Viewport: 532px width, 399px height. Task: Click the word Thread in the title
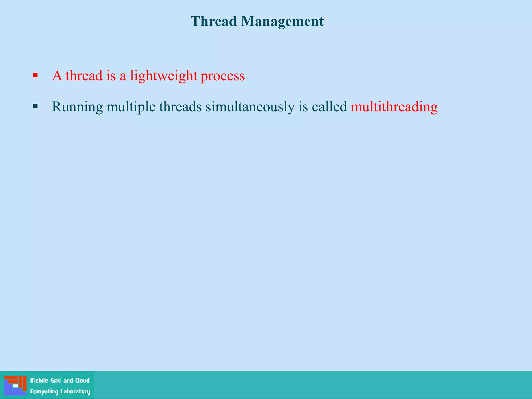[214, 21]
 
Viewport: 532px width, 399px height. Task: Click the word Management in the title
[282, 21]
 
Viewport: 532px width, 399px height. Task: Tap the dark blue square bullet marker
[36, 106]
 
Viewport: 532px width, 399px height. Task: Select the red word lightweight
[164, 76]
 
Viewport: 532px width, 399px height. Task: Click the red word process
[223, 76]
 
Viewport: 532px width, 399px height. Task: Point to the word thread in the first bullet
[84, 76]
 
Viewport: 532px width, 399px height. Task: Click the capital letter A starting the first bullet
[57, 76]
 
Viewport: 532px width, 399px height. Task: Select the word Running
[77, 107]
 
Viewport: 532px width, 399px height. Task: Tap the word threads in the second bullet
[180, 107]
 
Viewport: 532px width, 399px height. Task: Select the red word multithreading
[394, 107]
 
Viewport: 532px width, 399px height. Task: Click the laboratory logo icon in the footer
[15, 385]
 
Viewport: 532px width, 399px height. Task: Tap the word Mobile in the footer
[39, 381]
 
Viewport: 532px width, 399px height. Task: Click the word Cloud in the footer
[82, 381]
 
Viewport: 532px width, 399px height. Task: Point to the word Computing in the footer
[44, 391]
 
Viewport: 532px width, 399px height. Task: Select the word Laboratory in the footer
[75, 391]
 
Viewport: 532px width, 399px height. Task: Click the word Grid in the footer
[56, 381]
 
